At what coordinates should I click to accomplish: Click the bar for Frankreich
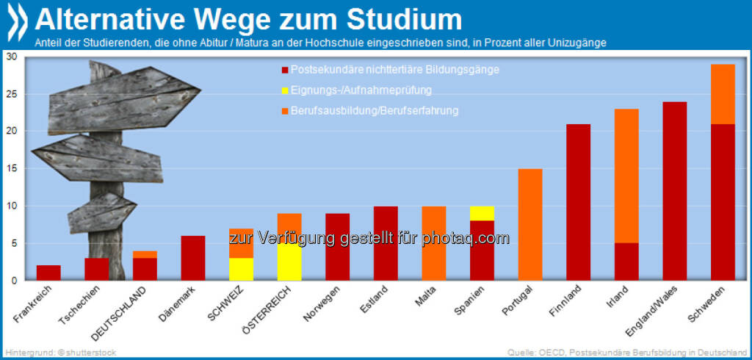pos(48,273)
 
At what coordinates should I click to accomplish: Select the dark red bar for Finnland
pos(579,202)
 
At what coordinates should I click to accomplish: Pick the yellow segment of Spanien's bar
pos(482,213)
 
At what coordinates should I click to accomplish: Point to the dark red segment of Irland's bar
pos(626,262)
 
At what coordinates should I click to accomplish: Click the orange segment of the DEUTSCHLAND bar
pos(145,254)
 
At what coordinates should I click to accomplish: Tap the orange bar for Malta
pos(434,243)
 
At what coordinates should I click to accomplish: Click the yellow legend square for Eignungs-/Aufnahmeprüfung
pos(283,90)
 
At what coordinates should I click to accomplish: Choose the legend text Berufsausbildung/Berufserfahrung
pos(375,111)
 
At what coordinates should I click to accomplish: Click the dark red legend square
pos(283,71)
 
